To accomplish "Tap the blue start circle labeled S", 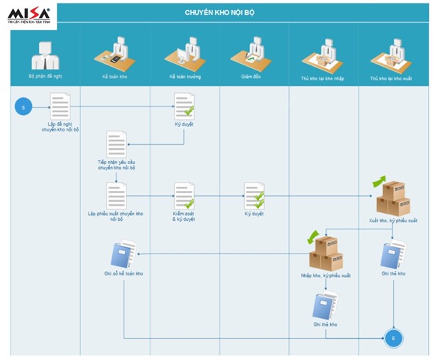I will [23, 107].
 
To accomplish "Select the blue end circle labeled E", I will [393, 339].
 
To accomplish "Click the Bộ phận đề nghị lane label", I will [45, 75].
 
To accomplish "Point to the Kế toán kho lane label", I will [114, 75].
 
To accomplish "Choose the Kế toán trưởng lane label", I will [184, 75].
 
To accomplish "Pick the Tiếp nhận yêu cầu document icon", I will [116, 145].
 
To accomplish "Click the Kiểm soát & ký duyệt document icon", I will [184, 195].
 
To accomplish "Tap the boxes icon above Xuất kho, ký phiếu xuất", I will [392, 197].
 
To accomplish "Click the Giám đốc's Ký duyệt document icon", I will [254, 195].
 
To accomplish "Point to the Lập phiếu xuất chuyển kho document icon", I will [116, 195].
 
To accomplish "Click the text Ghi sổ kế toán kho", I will [124, 273].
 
